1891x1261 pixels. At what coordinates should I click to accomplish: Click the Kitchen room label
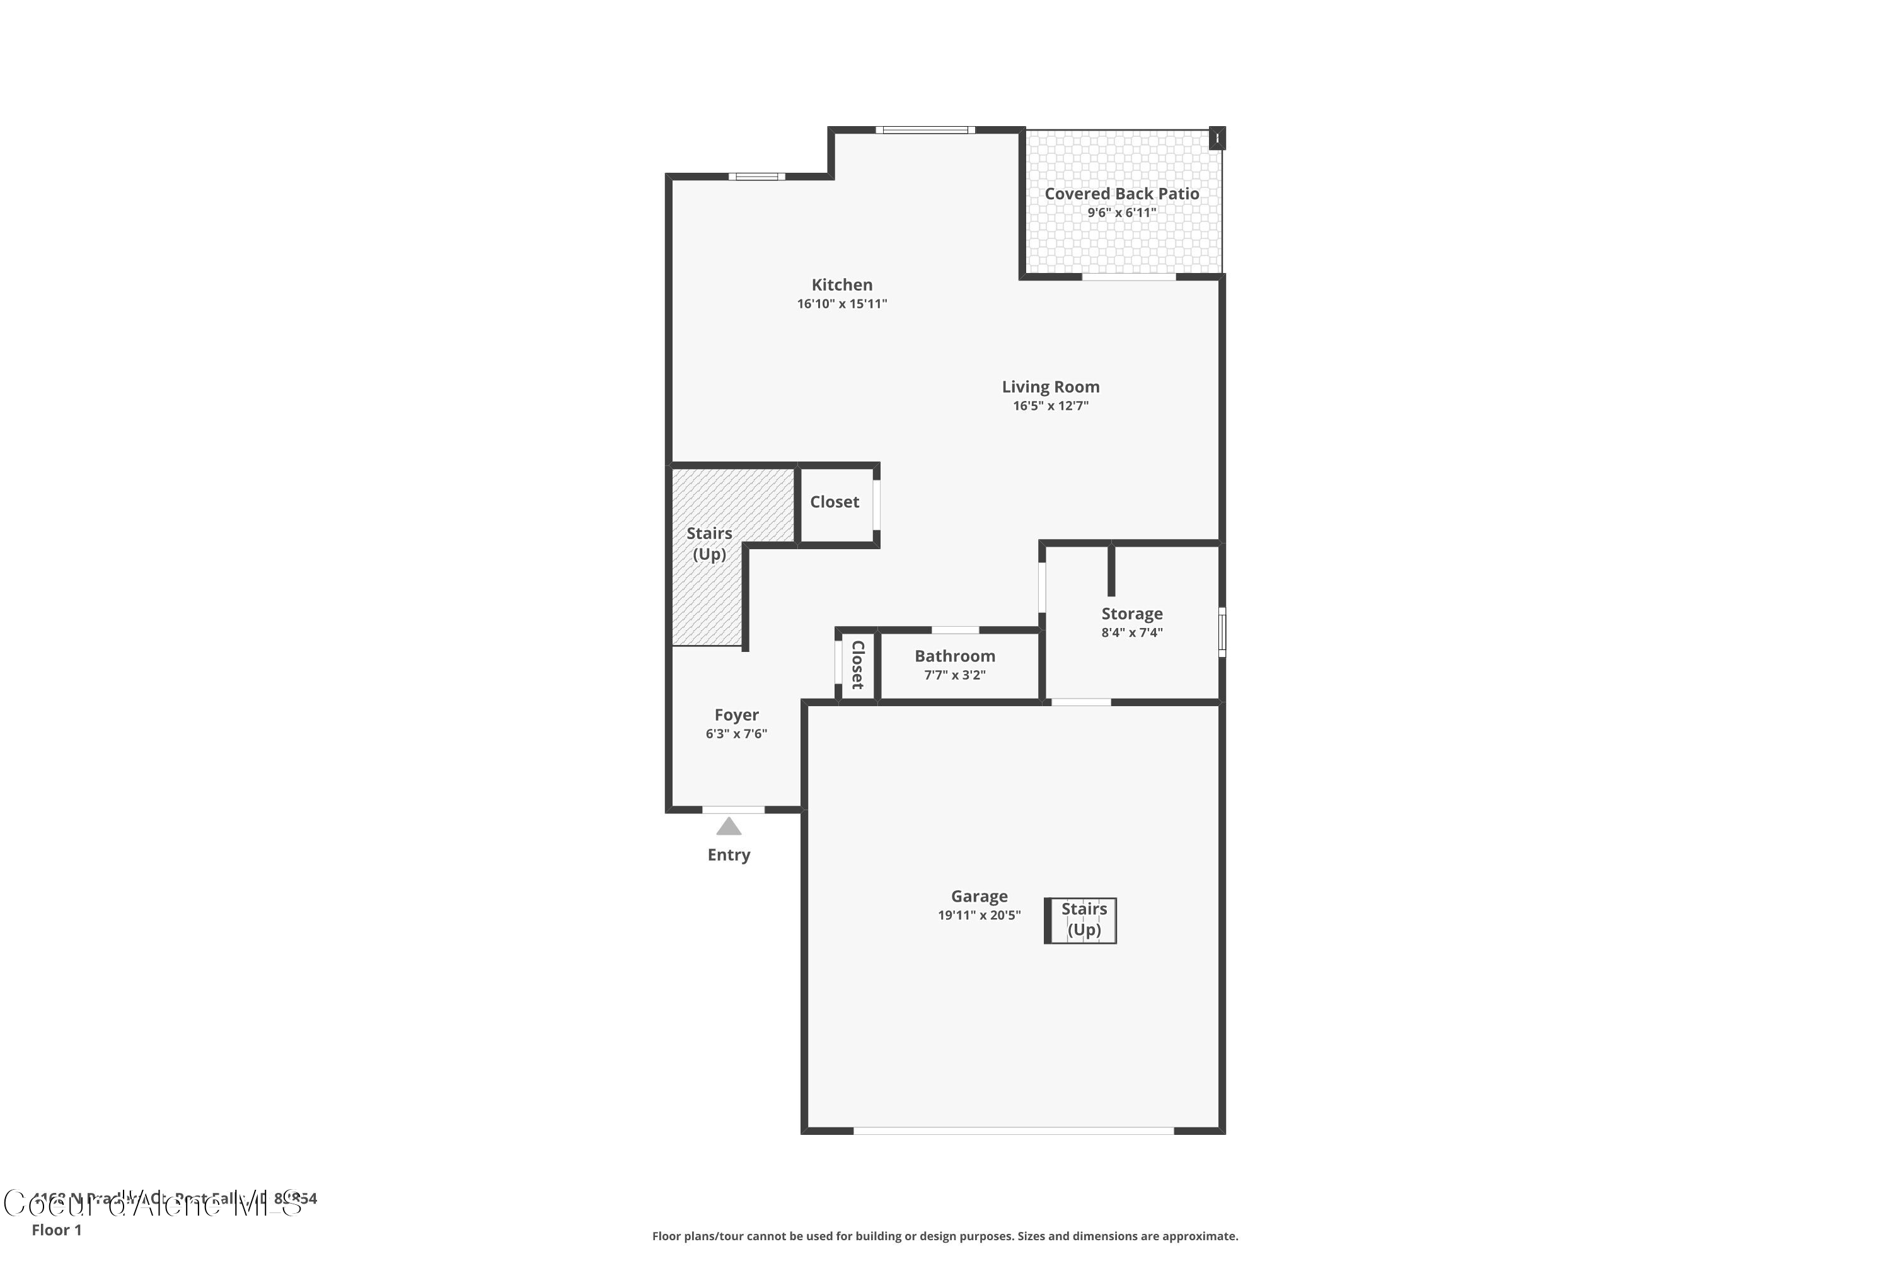click(x=841, y=285)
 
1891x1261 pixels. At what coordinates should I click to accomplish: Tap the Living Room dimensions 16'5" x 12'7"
click(x=1050, y=406)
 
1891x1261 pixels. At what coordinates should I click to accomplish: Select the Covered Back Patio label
click(x=1121, y=194)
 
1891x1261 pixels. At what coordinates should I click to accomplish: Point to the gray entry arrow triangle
click(x=729, y=827)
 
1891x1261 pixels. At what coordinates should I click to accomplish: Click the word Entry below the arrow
click(x=729, y=855)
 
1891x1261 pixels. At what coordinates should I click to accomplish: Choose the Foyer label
click(x=736, y=715)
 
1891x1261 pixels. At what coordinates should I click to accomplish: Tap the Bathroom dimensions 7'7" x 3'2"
click(x=954, y=675)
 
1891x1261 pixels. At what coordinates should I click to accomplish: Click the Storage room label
click(x=1131, y=613)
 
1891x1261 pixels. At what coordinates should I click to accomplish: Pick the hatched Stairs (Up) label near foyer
click(x=708, y=543)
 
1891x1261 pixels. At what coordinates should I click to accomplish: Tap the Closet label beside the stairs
click(x=834, y=502)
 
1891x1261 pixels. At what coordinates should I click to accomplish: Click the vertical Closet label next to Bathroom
click(x=857, y=665)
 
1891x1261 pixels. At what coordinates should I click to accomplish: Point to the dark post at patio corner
click(x=1217, y=138)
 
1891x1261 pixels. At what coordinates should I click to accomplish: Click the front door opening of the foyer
click(x=732, y=810)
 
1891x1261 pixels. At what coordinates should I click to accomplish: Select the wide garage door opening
click(x=1013, y=1130)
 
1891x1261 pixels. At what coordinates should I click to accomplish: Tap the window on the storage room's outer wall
click(x=1222, y=632)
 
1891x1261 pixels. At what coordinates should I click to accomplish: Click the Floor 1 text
click(x=56, y=1229)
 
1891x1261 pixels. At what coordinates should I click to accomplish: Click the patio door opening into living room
click(x=1128, y=277)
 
